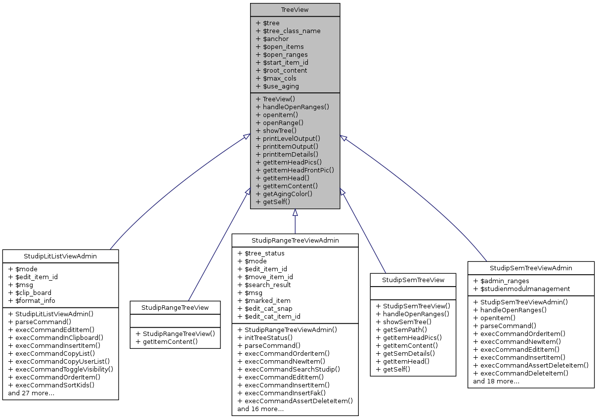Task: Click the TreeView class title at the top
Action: click(x=295, y=10)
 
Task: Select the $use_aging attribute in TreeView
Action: click(x=277, y=86)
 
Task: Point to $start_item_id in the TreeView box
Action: click(x=282, y=62)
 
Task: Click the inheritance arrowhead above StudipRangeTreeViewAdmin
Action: click(x=295, y=212)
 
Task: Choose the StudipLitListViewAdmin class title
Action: click(x=60, y=256)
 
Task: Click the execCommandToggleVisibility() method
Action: click(x=61, y=369)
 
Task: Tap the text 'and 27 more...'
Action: click(x=31, y=393)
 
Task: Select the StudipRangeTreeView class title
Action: click(x=175, y=307)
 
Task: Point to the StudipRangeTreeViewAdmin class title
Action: click(x=295, y=240)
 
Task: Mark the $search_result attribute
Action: click(x=264, y=285)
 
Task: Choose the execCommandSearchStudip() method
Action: click(x=289, y=369)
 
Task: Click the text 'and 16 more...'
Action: click(x=260, y=409)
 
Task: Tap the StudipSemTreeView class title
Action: click(x=413, y=280)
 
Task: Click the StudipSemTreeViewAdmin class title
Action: click(x=531, y=268)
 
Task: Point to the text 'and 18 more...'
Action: click(x=496, y=381)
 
